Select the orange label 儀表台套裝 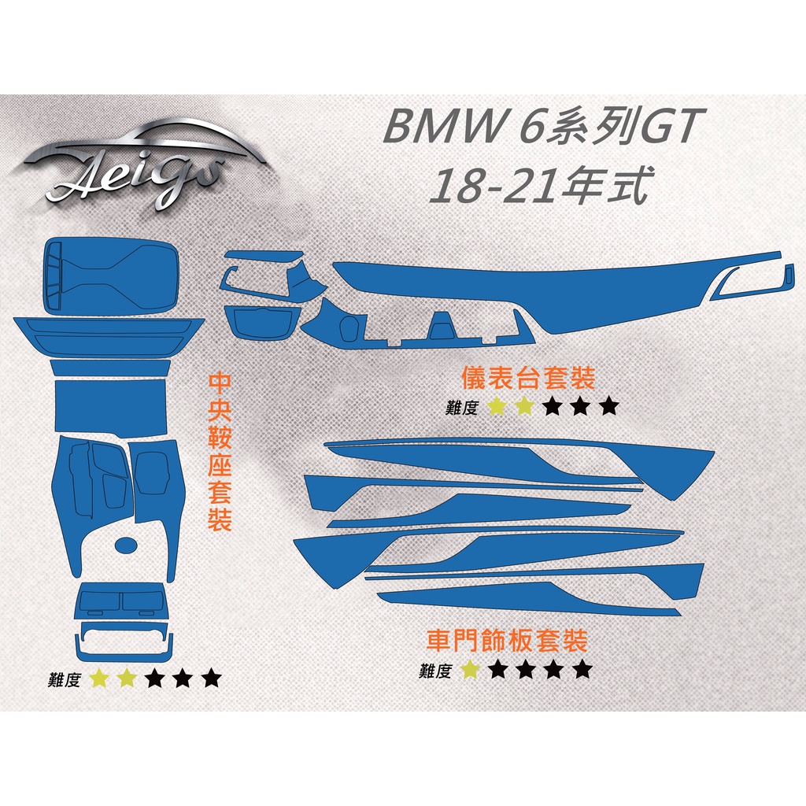click(x=528, y=378)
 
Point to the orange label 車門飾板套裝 click(x=507, y=641)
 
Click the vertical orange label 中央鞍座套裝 click(x=220, y=453)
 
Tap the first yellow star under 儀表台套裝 click(x=497, y=406)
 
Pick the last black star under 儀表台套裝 click(x=609, y=406)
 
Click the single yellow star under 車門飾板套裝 click(x=470, y=669)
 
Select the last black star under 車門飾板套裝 click(x=582, y=669)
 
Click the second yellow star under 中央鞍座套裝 click(x=127, y=678)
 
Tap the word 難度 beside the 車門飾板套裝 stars click(x=434, y=671)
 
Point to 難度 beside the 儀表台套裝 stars click(x=461, y=407)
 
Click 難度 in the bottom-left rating click(x=65, y=679)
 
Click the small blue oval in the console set click(x=126, y=545)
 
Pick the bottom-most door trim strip click(x=530, y=599)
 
